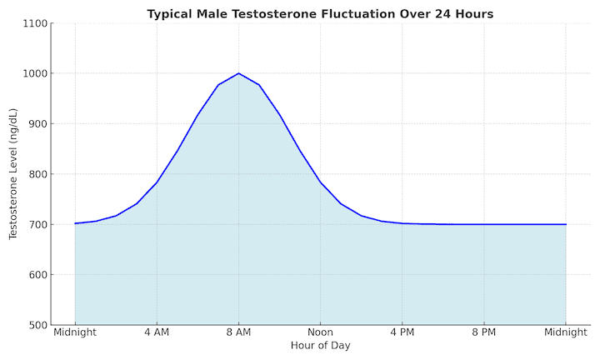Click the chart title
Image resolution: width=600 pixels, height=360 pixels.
320,13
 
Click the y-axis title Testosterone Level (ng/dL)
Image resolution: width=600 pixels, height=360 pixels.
13,173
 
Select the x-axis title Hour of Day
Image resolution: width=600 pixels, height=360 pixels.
320,345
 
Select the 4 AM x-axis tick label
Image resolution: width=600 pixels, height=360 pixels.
157,332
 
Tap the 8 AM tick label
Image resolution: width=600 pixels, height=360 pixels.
238,332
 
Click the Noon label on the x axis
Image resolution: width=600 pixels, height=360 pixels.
320,332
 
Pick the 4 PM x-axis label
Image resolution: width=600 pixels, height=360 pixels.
402,332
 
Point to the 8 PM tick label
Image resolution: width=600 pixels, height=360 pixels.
483,332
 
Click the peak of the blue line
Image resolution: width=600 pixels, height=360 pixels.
238,73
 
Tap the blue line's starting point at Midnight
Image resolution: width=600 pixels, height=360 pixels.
75,223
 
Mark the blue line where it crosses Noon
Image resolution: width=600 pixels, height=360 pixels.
320,182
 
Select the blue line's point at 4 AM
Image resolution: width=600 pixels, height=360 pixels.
157,182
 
